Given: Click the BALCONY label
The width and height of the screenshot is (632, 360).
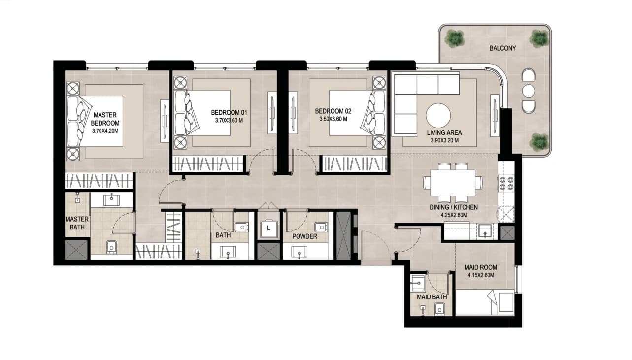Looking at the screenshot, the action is [502, 48].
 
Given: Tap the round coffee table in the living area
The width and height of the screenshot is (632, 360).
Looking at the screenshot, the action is [438, 116].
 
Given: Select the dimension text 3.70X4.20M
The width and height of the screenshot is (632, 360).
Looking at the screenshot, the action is [105, 131].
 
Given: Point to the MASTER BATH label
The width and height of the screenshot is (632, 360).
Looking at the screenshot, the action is [77, 223].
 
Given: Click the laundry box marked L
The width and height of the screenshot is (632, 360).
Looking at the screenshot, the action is [268, 229].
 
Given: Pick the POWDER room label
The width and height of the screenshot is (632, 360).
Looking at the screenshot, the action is [304, 236].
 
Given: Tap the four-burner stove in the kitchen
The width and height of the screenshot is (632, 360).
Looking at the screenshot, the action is [506, 183].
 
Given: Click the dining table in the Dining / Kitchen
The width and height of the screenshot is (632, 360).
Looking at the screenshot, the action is [453, 183].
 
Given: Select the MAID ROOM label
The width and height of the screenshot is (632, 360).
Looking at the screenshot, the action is [481, 267].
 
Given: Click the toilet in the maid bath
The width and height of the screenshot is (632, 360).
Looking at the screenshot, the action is [439, 309].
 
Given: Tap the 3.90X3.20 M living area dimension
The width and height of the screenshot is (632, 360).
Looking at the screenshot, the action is [444, 140].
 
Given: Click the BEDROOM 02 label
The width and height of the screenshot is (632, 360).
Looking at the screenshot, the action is [333, 111].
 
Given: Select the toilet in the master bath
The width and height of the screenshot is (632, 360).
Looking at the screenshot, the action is [111, 247].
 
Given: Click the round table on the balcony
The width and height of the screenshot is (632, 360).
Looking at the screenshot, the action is [529, 91].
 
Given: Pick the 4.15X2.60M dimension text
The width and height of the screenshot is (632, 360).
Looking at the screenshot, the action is [481, 275].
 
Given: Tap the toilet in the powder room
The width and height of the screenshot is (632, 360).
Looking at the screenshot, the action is [321, 227].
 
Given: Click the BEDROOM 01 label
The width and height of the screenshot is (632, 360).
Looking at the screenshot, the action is [229, 113].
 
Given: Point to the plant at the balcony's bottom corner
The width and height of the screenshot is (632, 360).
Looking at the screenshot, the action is [539, 142].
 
